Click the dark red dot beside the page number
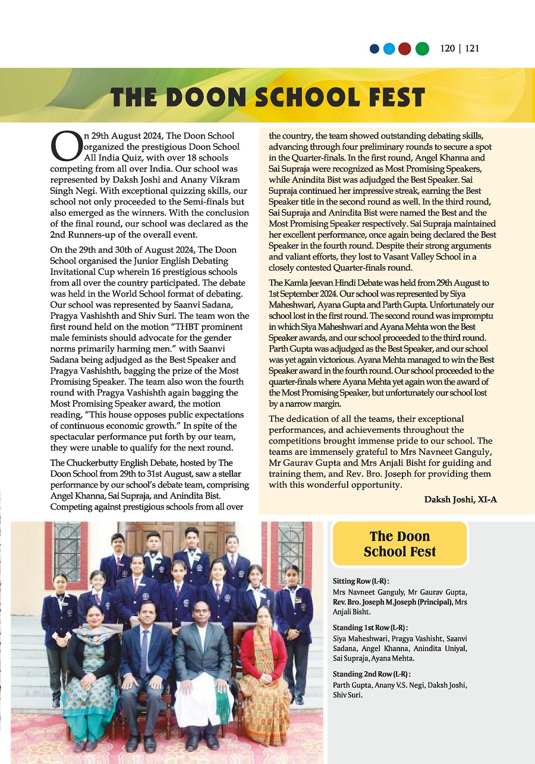(x=405, y=49)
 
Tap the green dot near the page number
(x=422, y=49)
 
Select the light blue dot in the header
(x=389, y=49)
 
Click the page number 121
(x=472, y=49)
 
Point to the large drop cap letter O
(x=64, y=147)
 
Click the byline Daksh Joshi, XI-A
(x=460, y=499)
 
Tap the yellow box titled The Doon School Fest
(x=399, y=544)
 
